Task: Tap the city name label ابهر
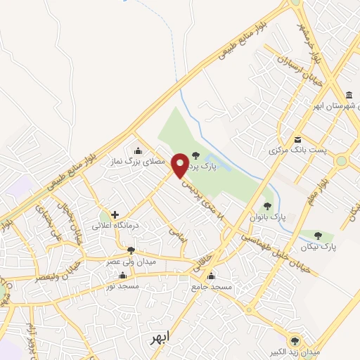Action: coord(161,339)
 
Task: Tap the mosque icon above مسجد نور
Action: coord(131,275)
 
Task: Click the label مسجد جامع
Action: coord(210,287)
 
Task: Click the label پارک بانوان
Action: coord(268,218)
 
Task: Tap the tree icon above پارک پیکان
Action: coord(319,236)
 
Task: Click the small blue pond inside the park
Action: coord(210,167)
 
